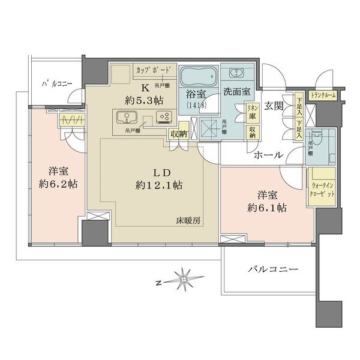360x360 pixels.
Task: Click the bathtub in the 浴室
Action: point(199,77)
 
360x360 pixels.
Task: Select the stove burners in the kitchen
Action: point(163,118)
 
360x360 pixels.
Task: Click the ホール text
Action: point(268,155)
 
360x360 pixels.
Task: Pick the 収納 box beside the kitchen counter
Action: point(178,134)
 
